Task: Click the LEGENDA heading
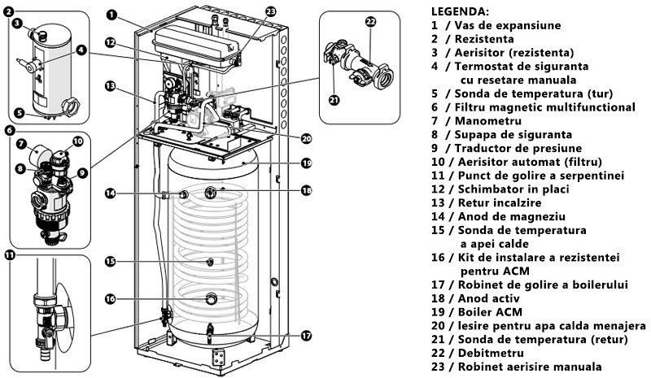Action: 460,11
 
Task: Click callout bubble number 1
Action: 111,15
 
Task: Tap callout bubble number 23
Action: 271,11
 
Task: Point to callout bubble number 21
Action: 334,100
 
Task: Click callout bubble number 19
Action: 306,163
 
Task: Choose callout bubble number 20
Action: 306,137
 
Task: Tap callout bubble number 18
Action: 306,190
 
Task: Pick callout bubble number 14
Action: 111,193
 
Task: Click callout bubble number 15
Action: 111,262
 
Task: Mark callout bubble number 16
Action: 111,298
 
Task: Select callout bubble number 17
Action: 306,335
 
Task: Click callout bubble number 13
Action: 111,85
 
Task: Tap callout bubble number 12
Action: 111,41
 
